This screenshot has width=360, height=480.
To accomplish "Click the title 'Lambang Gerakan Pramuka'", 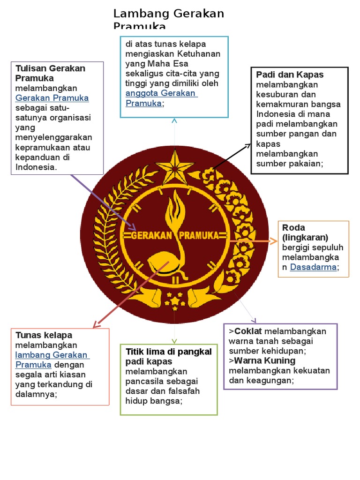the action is pyautogui.click(x=169, y=19).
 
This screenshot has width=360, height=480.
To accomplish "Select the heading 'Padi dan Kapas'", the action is pyautogui.click(x=290, y=75).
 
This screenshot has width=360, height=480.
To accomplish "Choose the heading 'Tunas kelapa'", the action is pyautogui.click(x=44, y=335).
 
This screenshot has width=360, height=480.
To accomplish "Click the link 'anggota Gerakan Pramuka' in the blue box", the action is pyautogui.click(x=161, y=98).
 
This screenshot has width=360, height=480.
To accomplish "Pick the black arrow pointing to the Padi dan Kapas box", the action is pyautogui.click(x=232, y=156).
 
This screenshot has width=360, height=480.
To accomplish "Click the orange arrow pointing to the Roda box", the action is pyautogui.click(x=253, y=241).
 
